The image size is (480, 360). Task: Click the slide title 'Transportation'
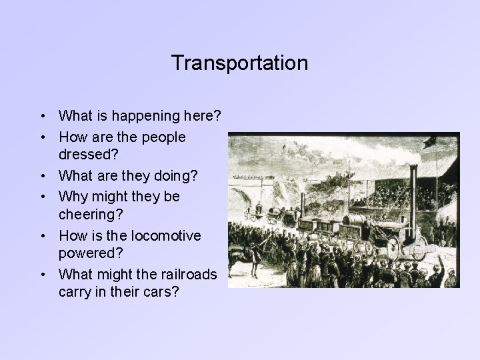tap(239, 63)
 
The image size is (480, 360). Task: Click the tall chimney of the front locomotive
tap(414, 193)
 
